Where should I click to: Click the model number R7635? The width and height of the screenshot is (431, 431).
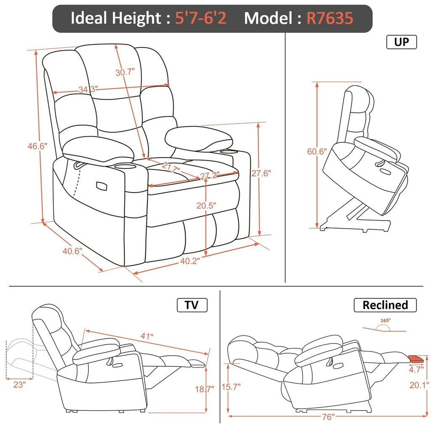click(x=330, y=18)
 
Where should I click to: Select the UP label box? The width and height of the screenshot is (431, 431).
click(x=401, y=42)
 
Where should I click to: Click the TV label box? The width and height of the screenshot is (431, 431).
click(x=192, y=305)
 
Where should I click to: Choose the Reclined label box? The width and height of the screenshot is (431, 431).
click(x=385, y=305)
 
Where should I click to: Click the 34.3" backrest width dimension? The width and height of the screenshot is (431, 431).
click(x=88, y=89)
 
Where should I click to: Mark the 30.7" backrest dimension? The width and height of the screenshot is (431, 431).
click(x=125, y=72)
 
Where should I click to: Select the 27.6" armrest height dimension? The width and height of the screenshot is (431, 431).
click(x=261, y=173)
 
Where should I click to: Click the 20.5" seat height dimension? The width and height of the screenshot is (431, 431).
click(x=206, y=206)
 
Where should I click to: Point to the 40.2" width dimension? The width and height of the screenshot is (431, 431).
click(x=190, y=260)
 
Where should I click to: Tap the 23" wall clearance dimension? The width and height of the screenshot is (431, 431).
click(x=19, y=384)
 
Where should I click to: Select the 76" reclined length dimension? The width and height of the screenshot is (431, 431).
click(x=328, y=417)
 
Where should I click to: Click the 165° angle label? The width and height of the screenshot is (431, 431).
click(x=384, y=320)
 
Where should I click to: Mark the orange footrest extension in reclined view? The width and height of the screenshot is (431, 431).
click(x=417, y=359)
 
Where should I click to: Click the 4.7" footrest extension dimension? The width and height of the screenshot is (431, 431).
click(x=416, y=370)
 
